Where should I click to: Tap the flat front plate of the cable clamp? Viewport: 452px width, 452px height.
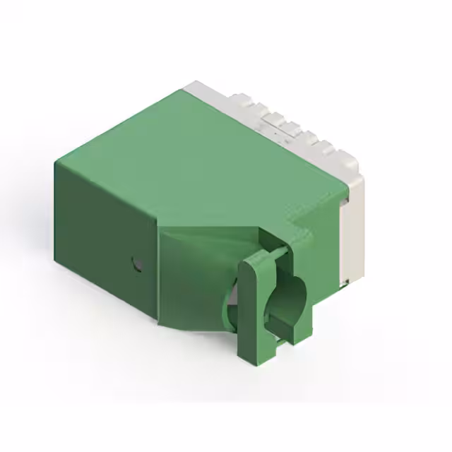[249, 311]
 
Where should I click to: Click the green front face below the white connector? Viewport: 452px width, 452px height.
[325, 261]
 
